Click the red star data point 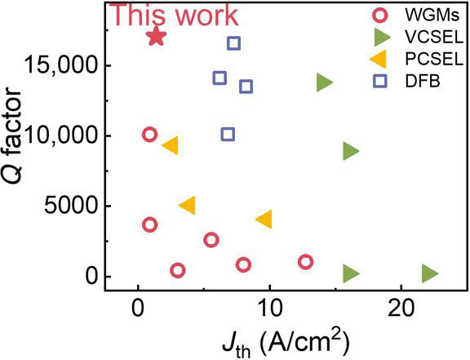pyautogui.click(x=157, y=37)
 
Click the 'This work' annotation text pyautogui.click(x=174, y=15)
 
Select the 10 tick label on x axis pyautogui.click(x=268, y=311)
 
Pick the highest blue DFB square pyautogui.click(x=233, y=43)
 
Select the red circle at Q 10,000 pyautogui.click(x=149, y=135)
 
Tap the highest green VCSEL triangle pyautogui.click(x=324, y=82)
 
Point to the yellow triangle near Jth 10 pyautogui.click(x=264, y=219)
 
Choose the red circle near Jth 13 pyautogui.click(x=306, y=262)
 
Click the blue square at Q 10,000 pyautogui.click(x=228, y=134)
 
